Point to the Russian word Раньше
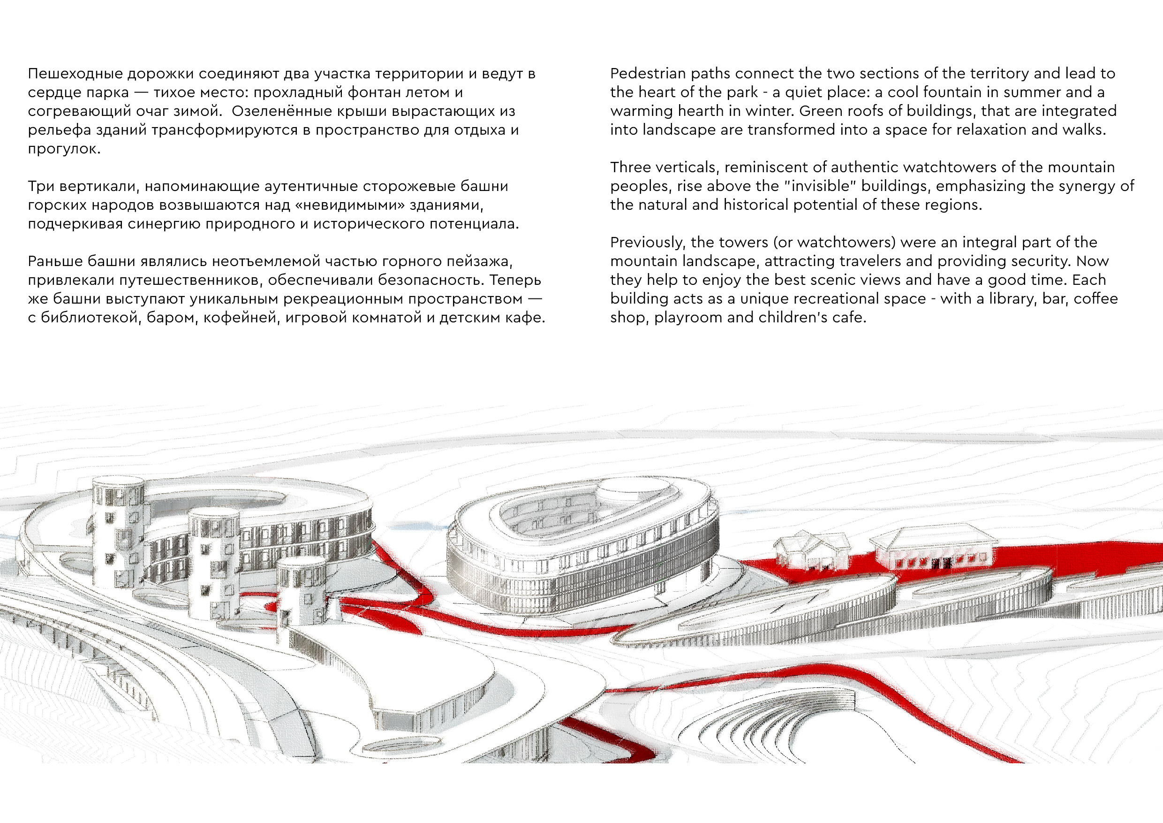click(x=55, y=261)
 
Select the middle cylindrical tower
click(x=214, y=563)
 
